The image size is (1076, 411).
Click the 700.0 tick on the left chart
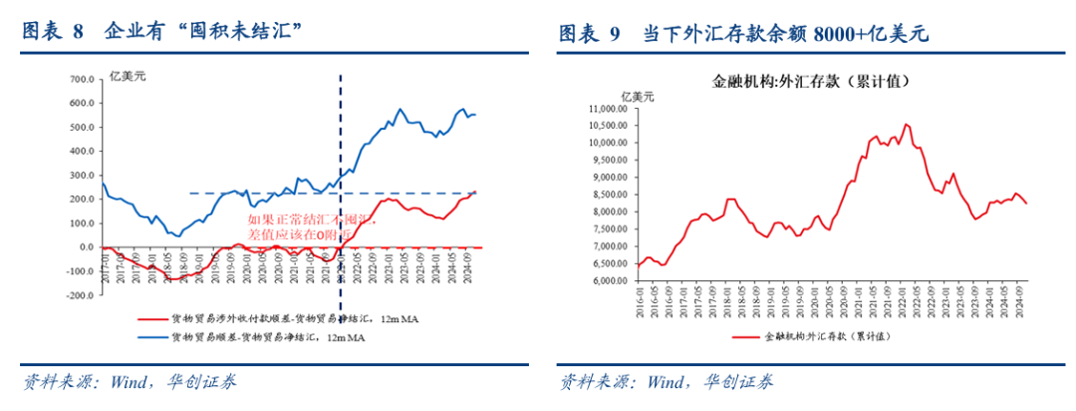81,79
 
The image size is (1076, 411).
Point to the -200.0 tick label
79,295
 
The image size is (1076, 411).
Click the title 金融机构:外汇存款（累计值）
814,81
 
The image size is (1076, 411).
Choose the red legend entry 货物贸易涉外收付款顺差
279,319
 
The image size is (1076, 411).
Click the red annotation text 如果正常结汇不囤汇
310,216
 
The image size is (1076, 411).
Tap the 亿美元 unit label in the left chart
127,79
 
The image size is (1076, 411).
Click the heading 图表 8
54,32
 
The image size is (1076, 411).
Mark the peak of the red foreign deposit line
906,125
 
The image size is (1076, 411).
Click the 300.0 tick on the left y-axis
81,175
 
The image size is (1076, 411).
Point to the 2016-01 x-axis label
640,296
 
